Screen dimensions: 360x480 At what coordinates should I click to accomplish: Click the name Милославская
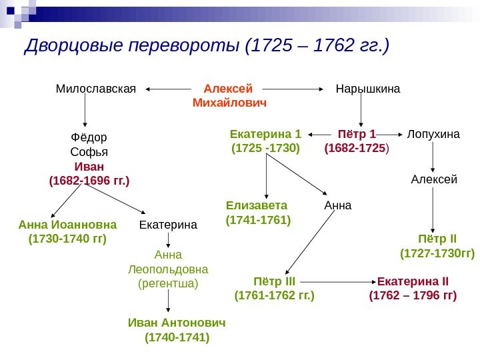(x=95, y=88)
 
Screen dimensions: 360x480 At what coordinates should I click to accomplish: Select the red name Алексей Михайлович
(x=229, y=95)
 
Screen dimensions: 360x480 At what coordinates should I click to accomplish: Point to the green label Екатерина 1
(x=266, y=133)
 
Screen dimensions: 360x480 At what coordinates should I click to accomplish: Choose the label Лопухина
(x=433, y=133)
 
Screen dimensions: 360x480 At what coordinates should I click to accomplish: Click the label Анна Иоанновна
(x=67, y=225)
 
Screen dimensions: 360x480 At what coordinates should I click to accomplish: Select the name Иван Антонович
(x=177, y=323)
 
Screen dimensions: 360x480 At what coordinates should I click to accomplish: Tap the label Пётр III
(x=275, y=280)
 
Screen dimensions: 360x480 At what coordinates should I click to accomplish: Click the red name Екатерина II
(x=413, y=280)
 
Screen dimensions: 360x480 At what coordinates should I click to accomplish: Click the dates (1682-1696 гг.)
(x=89, y=181)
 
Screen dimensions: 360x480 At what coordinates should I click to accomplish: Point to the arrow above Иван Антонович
(x=168, y=303)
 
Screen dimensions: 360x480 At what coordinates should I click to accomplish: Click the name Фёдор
(x=89, y=137)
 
